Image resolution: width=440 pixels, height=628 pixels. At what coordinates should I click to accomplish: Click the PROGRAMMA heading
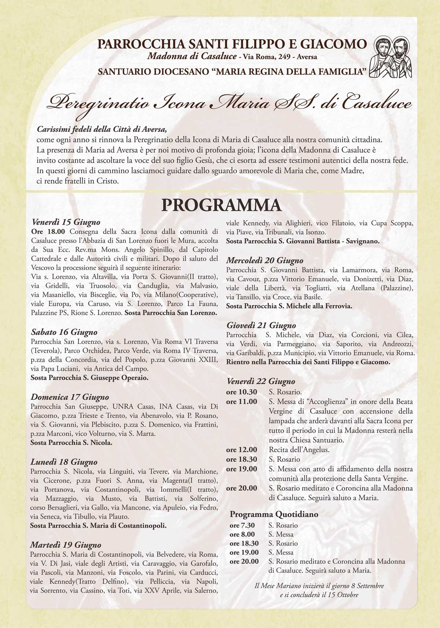[221, 205]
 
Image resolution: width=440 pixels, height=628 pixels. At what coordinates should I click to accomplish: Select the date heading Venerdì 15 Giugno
[66, 222]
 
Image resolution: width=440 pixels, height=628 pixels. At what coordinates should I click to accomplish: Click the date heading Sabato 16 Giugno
[64, 332]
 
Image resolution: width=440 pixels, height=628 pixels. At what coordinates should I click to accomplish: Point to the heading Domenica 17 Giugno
[70, 397]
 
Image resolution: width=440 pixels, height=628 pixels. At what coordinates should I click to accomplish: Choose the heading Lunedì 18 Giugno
[64, 462]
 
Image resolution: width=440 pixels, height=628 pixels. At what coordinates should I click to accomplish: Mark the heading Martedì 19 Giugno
[66, 545]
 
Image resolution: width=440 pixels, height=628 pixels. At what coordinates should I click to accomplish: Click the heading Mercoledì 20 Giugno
[265, 260]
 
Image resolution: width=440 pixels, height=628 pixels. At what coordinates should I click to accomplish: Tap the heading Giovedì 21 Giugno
[261, 325]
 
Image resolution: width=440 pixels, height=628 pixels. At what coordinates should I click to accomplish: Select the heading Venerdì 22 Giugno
[261, 382]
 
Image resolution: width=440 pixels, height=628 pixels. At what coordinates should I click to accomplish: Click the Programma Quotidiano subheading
[274, 514]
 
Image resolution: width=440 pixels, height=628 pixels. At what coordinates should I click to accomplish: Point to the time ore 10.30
[242, 392]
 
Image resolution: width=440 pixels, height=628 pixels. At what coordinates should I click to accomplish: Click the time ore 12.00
[242, 450]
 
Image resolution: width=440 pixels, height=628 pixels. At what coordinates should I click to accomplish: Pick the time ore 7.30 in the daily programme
[242, 525]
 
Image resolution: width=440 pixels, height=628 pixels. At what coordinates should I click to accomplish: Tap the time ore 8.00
[242, 534]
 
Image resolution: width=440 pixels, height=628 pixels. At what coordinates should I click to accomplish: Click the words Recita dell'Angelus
[299, 450]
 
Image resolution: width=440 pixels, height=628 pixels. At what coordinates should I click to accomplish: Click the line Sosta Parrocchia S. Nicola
[71, 442]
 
